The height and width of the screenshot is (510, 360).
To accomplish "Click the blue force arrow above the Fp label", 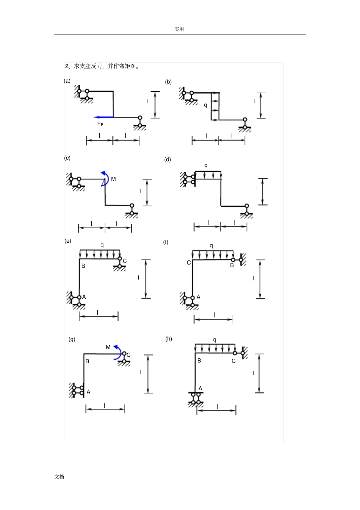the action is point(103,117).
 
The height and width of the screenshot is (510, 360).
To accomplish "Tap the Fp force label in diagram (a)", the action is point(100,124).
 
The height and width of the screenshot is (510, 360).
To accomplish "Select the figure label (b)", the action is point(168,82).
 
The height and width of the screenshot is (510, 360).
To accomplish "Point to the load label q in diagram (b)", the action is point(205,105).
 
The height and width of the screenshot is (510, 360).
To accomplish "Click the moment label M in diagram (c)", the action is point(113,179).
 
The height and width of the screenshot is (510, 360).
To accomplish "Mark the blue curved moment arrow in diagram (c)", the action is point(105,179).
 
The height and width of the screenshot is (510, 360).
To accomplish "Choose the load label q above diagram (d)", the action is point(206,166).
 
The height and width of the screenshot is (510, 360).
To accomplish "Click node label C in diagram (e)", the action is point(125,261).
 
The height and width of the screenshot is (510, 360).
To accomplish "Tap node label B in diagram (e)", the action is point(83,266).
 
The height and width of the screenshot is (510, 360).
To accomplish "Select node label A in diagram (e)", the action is point(84,297).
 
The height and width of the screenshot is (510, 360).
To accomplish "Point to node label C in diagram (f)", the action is point(189,263).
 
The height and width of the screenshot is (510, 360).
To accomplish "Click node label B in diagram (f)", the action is point(232,265).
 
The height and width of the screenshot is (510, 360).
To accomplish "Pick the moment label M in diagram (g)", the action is point(108,347).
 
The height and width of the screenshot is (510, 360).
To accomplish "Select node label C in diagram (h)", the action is point(233,361).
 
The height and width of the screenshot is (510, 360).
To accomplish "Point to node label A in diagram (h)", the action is point(200,388).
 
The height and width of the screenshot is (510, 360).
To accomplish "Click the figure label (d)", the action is point(167,160).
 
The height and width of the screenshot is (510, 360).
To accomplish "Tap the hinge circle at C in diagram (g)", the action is point(124,354).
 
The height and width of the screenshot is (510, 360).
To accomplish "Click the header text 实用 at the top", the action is point(179,29).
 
